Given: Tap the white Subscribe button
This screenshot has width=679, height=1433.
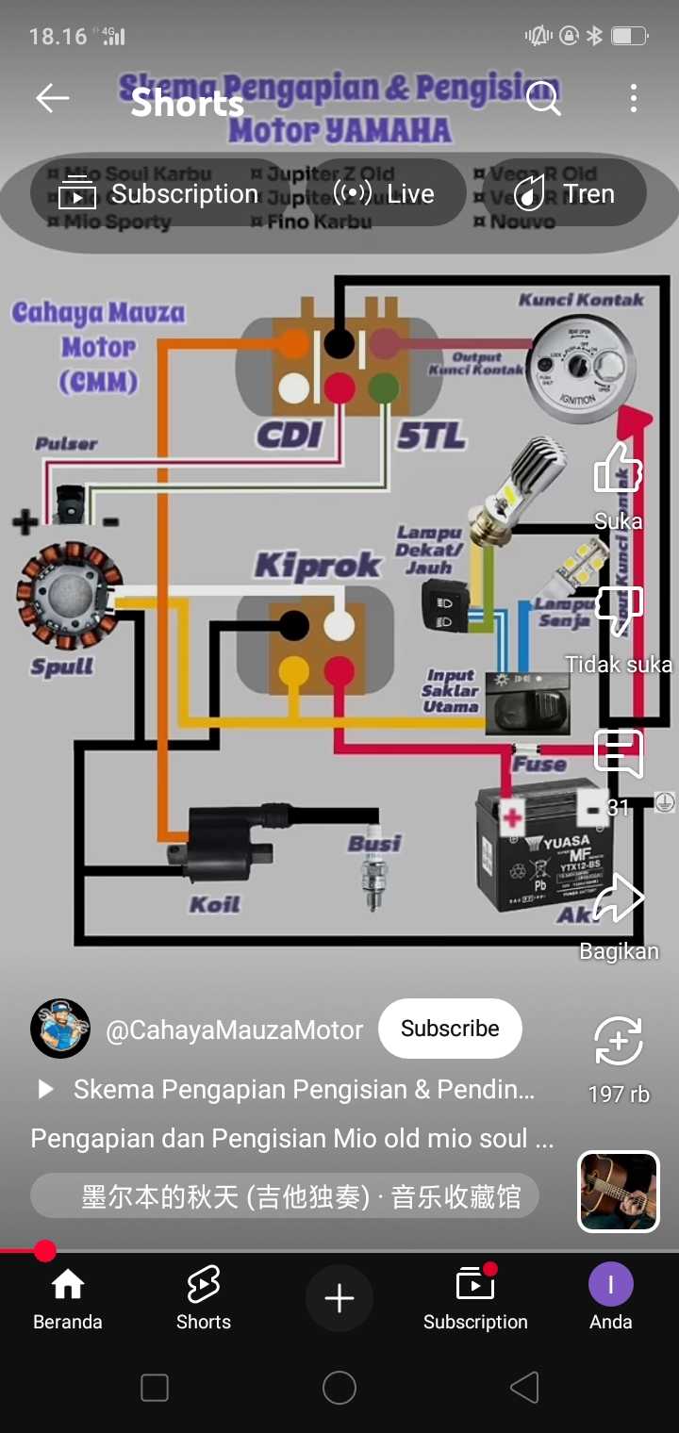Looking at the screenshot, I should [450, 1029].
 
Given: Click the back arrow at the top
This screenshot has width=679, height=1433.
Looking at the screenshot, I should [52, 98].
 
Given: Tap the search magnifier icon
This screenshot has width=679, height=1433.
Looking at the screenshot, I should [543, 98].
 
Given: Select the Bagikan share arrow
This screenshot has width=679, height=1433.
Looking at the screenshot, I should [619, 898].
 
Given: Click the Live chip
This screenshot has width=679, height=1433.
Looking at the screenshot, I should [385, 193].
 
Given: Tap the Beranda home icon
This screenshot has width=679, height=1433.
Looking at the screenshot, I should [67, 1284].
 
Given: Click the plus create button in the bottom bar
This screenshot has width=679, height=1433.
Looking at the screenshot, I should [339, 1298].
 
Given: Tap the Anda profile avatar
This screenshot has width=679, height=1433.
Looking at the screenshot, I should [610, 1284].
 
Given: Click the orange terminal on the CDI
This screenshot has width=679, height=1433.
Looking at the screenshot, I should [294, 344].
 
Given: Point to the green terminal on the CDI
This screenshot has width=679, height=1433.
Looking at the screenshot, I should [383, 387].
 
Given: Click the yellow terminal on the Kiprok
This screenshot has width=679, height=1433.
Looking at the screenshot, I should [294, 670].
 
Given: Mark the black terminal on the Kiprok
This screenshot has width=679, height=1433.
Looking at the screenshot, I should [294, 625].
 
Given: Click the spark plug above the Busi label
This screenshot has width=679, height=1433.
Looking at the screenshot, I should [374, 881].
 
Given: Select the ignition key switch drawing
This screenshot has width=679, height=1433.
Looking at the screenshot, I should [576, 368].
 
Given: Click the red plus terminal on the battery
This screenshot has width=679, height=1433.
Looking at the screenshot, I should [512, 815].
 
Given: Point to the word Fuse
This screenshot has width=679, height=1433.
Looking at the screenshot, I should [538, 764].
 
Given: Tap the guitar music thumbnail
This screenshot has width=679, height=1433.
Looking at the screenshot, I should [618, 1192].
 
